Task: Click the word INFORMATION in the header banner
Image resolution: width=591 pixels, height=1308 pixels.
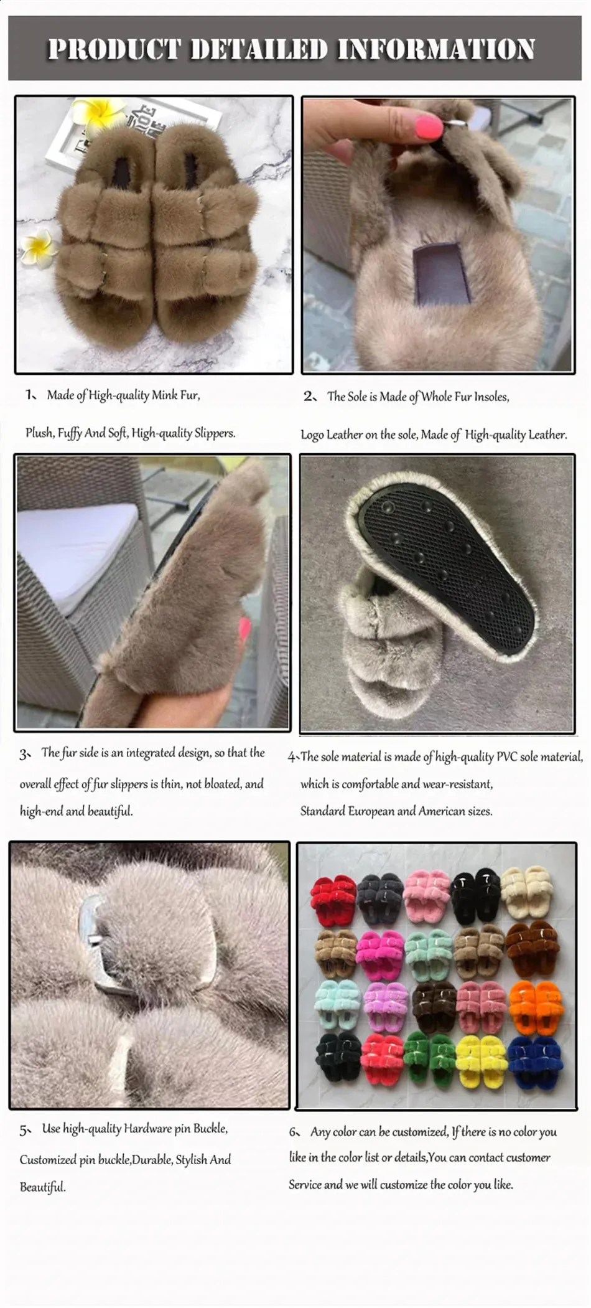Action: (435, 49)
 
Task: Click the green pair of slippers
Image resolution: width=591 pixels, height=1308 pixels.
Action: (428, 1055)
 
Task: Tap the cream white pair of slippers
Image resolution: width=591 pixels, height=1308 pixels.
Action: (527, 889)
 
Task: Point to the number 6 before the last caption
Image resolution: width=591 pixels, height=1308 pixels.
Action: (294, 1132)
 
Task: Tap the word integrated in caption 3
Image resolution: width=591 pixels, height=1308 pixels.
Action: (151, 753)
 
